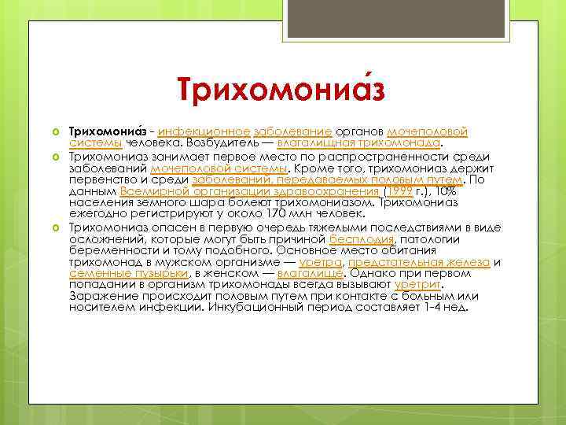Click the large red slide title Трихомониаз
point(281,87)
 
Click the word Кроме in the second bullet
point(317,168)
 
